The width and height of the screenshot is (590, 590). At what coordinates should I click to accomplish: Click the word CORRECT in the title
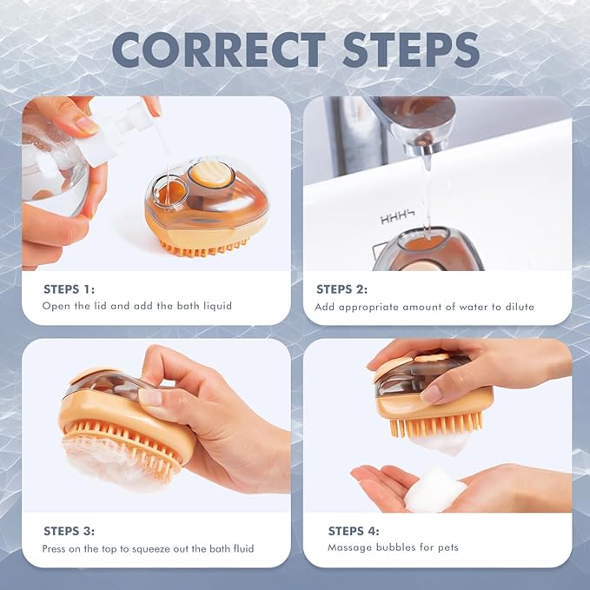point(219,50)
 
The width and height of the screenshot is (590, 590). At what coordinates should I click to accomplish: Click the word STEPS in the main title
point(411,50)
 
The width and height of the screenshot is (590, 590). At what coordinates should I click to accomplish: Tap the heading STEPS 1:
point(70,289)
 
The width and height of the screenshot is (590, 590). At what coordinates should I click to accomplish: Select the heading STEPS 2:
point(341,289)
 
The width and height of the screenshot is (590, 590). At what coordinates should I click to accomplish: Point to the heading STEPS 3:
point(70,531)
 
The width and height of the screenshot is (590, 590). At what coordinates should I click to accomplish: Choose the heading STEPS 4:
point(354,531)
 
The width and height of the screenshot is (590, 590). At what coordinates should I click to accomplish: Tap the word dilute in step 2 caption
point(520,307)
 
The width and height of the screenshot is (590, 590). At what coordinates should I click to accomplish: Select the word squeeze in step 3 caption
point(151,549)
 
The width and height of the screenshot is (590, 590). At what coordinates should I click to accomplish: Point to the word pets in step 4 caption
point(448,547)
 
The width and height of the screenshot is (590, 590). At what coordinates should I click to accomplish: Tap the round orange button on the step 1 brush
point(207,174)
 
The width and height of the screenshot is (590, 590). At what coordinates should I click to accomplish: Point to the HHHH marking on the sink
point(397,217)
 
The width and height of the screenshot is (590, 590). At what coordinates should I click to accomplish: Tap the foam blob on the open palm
point(435,489)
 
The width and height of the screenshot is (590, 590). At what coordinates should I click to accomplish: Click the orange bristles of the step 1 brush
point(203,249)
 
